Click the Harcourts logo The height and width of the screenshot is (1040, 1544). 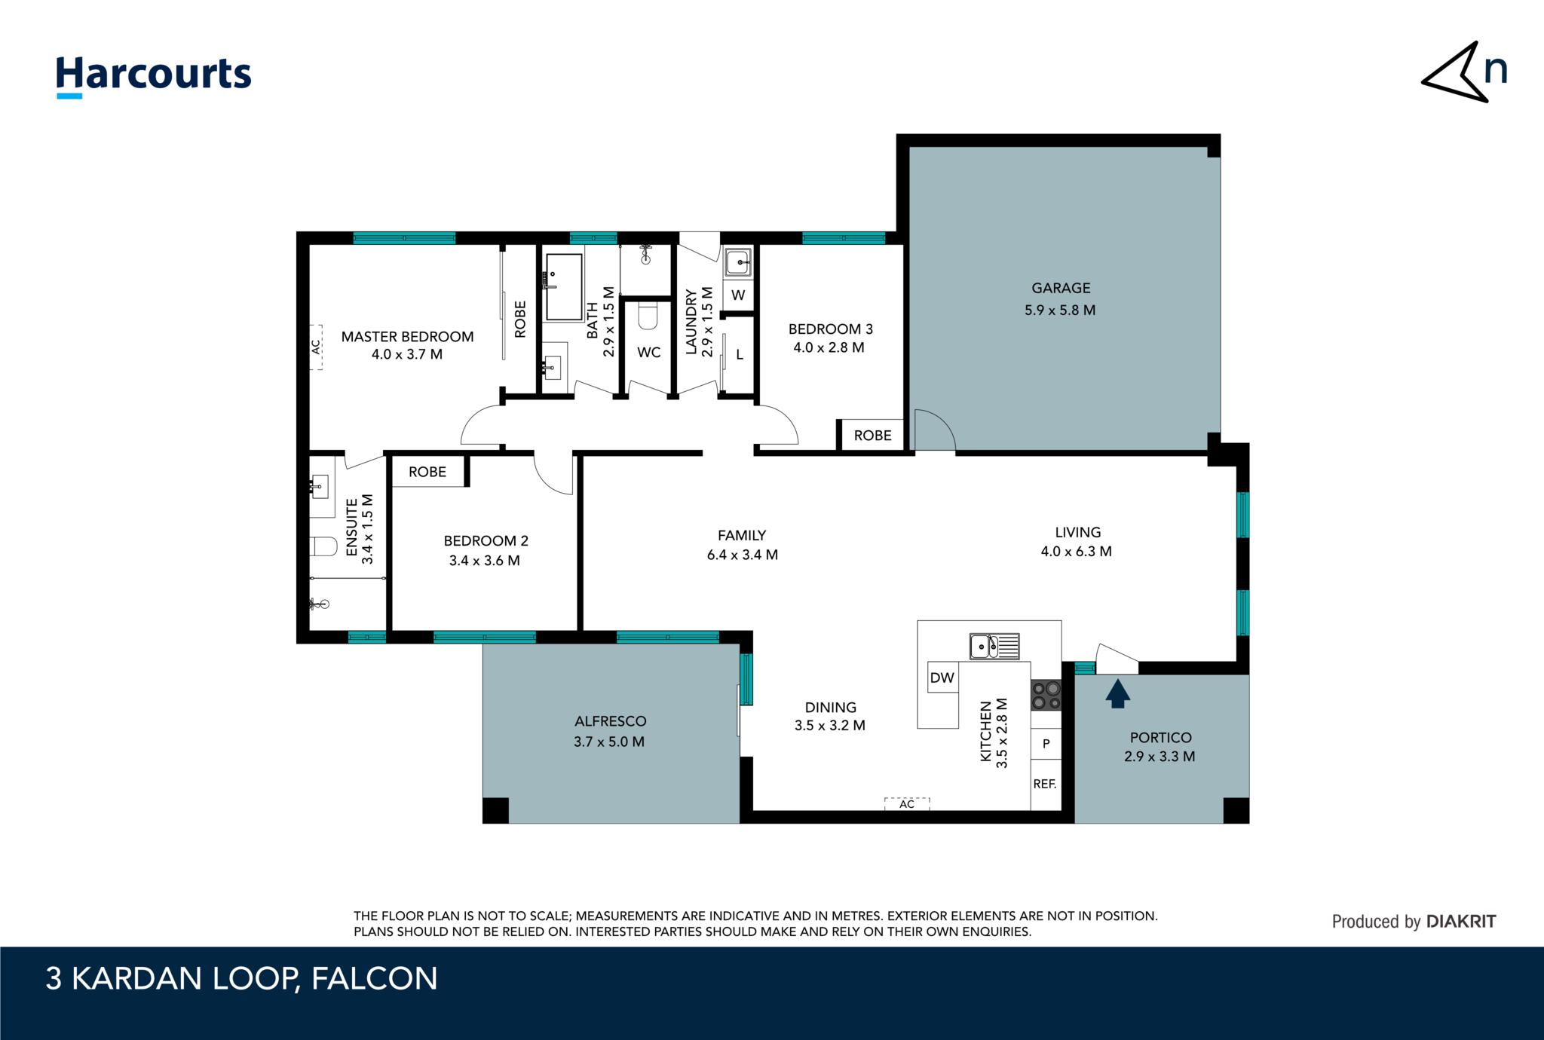coord(154,76)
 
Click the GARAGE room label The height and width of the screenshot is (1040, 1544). coord(1061,288)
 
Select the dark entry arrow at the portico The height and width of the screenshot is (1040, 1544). coord(1117,693)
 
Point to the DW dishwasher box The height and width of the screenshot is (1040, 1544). coord(942,678)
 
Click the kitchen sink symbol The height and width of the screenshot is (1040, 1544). coord(994,647)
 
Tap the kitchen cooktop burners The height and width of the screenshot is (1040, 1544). coord(1046,695)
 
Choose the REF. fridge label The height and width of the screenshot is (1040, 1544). coord(1044,784)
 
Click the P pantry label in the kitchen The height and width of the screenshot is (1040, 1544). coord(1046,744)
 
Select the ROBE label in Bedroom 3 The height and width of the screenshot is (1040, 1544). coord(872,436)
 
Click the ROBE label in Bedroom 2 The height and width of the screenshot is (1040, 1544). coord(427,472)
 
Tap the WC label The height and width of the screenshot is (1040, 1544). coord(648,352)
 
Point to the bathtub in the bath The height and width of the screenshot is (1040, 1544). coord(564,287)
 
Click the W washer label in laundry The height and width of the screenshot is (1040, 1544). coord(738,295)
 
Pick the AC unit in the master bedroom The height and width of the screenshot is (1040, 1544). coord(317,347)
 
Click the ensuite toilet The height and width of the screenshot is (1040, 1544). coord(323,546)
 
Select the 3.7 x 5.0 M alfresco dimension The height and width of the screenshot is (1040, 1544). coord(609,742)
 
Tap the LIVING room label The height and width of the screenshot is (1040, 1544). coord(1077,532)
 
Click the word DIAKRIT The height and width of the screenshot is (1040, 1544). coord(1461,921)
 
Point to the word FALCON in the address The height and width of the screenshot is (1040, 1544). coord(374,978)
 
